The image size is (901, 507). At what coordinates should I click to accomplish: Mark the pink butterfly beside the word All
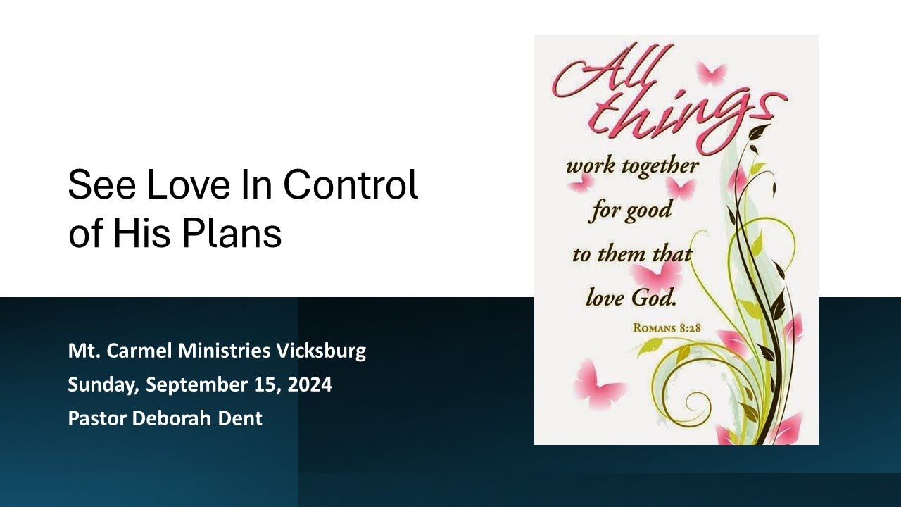click(711, 73)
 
